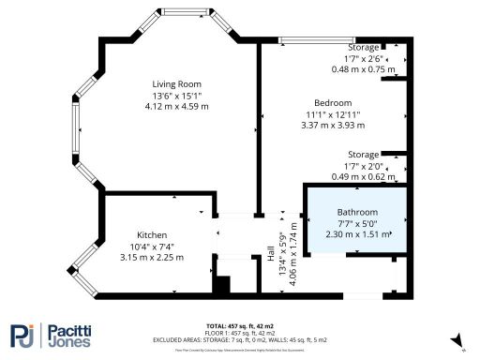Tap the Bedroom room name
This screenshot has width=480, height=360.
click(x=333, y=102)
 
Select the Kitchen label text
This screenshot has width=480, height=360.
click(x=152, y=234)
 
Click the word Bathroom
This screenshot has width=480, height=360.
click(x=357, y=212)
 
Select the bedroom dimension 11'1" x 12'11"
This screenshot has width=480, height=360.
click(x=333, y=114)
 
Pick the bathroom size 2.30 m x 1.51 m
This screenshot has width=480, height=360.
click(x=357, y=235)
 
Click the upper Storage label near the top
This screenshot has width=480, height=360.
click(x=364, y=47)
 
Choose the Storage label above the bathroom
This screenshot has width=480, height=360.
click(x=364, y=154)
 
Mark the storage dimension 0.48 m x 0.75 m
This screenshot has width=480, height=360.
click(x=365, y=68)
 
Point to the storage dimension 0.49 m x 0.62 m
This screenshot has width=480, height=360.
click(x=365, y=175)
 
